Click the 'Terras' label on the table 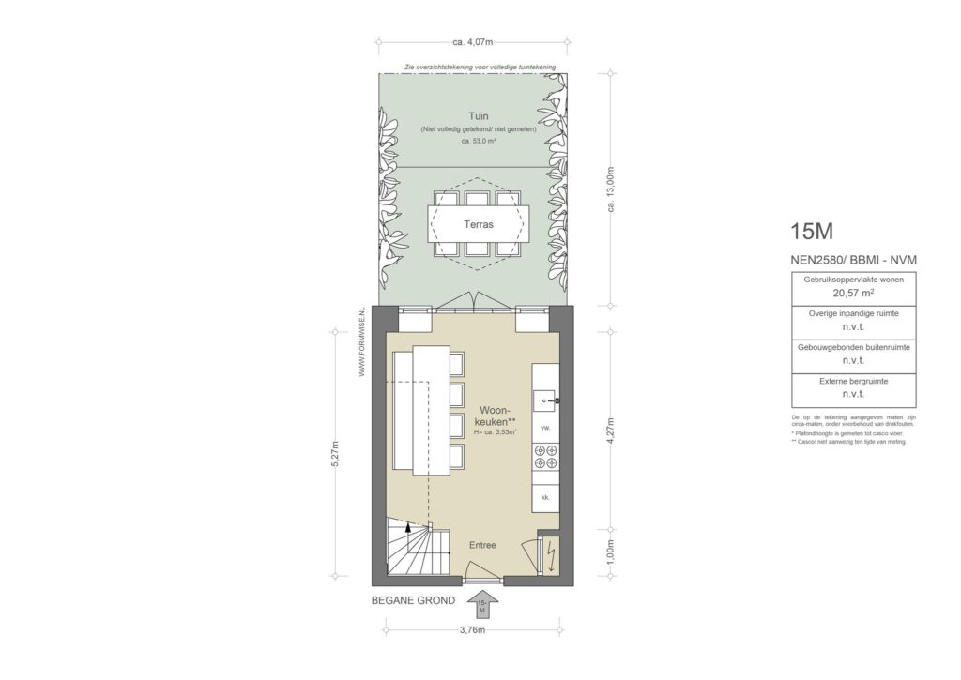(x=479, y=225)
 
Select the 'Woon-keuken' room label (x=494, y=416)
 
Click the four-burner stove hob (x=545, y=456)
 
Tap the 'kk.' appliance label (x=544, y=496)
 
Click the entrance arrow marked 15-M (x=482, y=606)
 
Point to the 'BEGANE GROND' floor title (x=413, y=600)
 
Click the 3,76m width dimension (x=473, y=629)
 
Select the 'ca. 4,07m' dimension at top (x=472, y=41)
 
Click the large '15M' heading (x=811, y=231)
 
